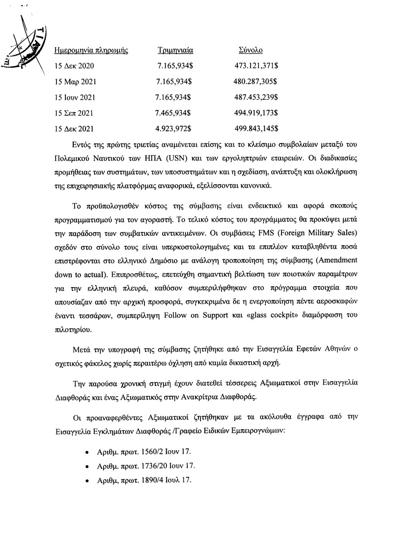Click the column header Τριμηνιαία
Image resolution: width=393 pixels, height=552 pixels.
[x=174, y=51]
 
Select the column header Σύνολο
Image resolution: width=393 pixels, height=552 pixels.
[x=250, y=51]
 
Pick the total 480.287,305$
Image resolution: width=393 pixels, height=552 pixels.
[x=255, y=82]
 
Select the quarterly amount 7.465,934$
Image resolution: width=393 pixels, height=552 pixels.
[x=172, y=113]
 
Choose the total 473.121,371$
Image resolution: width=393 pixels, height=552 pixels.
[x=256, y=66]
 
